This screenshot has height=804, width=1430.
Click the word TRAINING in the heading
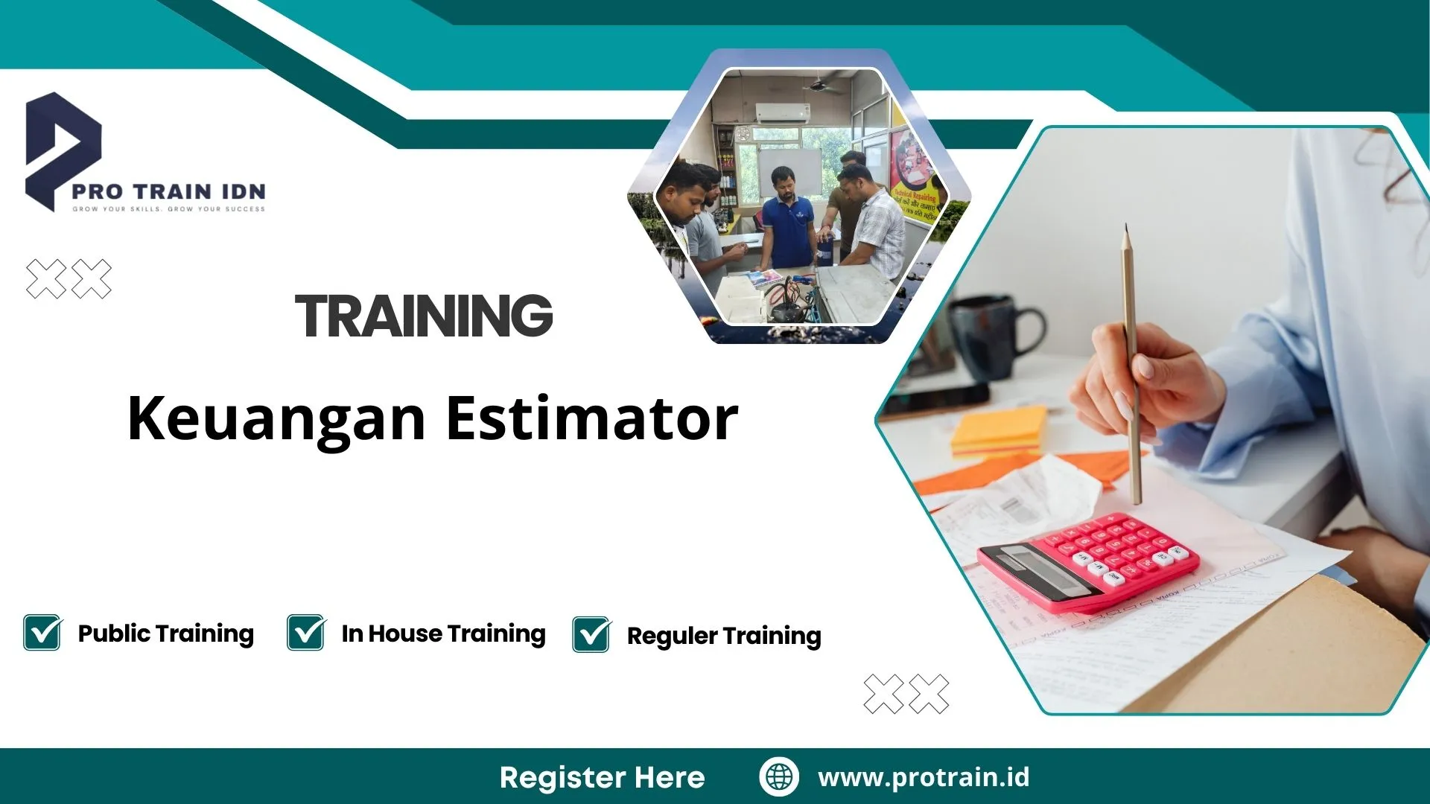424,316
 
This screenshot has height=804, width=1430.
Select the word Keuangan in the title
276,418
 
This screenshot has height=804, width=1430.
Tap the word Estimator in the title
592,418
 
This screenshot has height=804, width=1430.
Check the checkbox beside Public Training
42,633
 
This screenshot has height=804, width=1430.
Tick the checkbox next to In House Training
306,633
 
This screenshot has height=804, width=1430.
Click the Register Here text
602,777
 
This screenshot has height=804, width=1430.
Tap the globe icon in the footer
779,776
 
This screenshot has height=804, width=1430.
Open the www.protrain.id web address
924,777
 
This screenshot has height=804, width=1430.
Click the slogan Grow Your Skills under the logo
168,209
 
